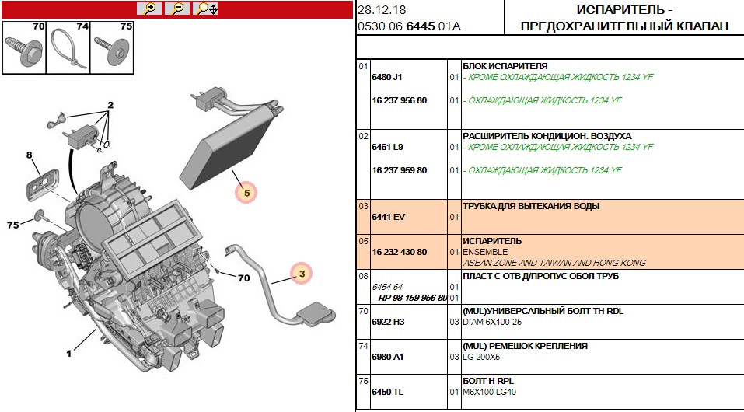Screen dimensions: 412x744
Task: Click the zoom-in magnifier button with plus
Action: point(148,9)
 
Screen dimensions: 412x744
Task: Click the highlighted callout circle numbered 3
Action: point(300,273)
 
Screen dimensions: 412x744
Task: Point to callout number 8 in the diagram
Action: point(30,155)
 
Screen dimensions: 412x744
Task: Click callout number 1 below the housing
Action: point(68,354)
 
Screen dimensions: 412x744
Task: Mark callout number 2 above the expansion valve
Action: point(110,105)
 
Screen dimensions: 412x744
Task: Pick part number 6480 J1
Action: point(387,78)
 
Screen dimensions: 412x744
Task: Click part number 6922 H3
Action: point(389,322)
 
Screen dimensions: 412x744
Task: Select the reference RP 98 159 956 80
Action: point(412,298)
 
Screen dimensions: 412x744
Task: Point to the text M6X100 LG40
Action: point(489,392)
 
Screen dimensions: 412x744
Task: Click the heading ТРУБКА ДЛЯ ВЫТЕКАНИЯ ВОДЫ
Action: point(531,206)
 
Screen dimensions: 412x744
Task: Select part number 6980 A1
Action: point(388,357)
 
